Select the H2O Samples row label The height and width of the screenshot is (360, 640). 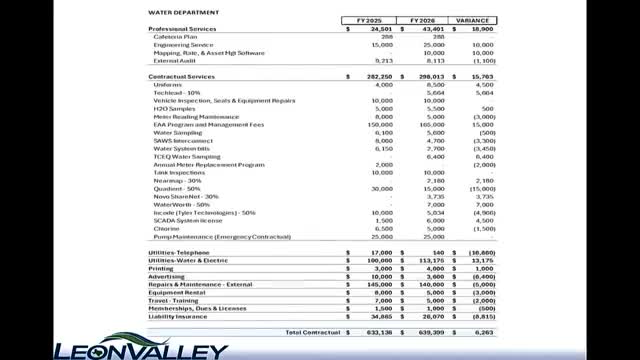172,109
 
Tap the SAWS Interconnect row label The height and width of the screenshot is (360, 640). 178,141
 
